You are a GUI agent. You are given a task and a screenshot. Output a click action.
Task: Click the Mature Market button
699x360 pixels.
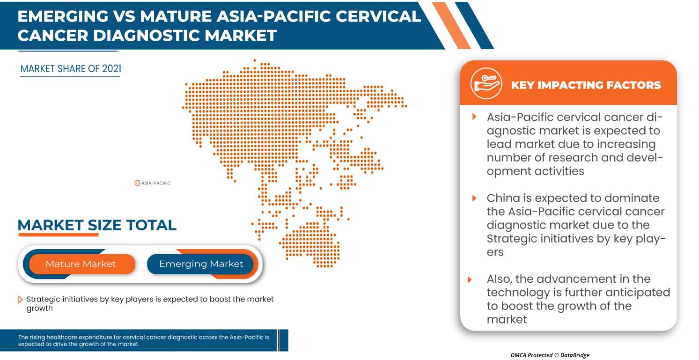tap(81, 264)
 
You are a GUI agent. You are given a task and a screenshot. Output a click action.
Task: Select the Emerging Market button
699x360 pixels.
tap(201, 264)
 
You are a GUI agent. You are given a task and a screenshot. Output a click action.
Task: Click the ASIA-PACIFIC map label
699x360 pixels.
tap(156, 183)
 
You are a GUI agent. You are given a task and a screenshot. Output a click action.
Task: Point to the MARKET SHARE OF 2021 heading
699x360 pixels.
tap(71, 69)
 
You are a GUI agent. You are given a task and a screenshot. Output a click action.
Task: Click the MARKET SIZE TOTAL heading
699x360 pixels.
tap(97, 225)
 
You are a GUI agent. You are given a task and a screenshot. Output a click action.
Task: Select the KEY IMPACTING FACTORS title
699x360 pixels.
tap(586, 85)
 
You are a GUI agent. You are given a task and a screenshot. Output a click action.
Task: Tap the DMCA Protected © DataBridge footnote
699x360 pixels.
tap(550, 355)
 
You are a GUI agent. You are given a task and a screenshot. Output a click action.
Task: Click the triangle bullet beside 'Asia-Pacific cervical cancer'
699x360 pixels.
tap(474, 116)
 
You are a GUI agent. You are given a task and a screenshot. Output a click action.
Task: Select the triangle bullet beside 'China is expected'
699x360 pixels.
tap(474, 198)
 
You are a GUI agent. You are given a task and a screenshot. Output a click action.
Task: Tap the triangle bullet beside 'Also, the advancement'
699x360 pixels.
tap(470, 279)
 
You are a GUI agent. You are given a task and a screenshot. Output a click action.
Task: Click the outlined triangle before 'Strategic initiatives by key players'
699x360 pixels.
tap(21, 300)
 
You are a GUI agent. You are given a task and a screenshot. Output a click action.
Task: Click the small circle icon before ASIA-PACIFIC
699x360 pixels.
tap(137, 183)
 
